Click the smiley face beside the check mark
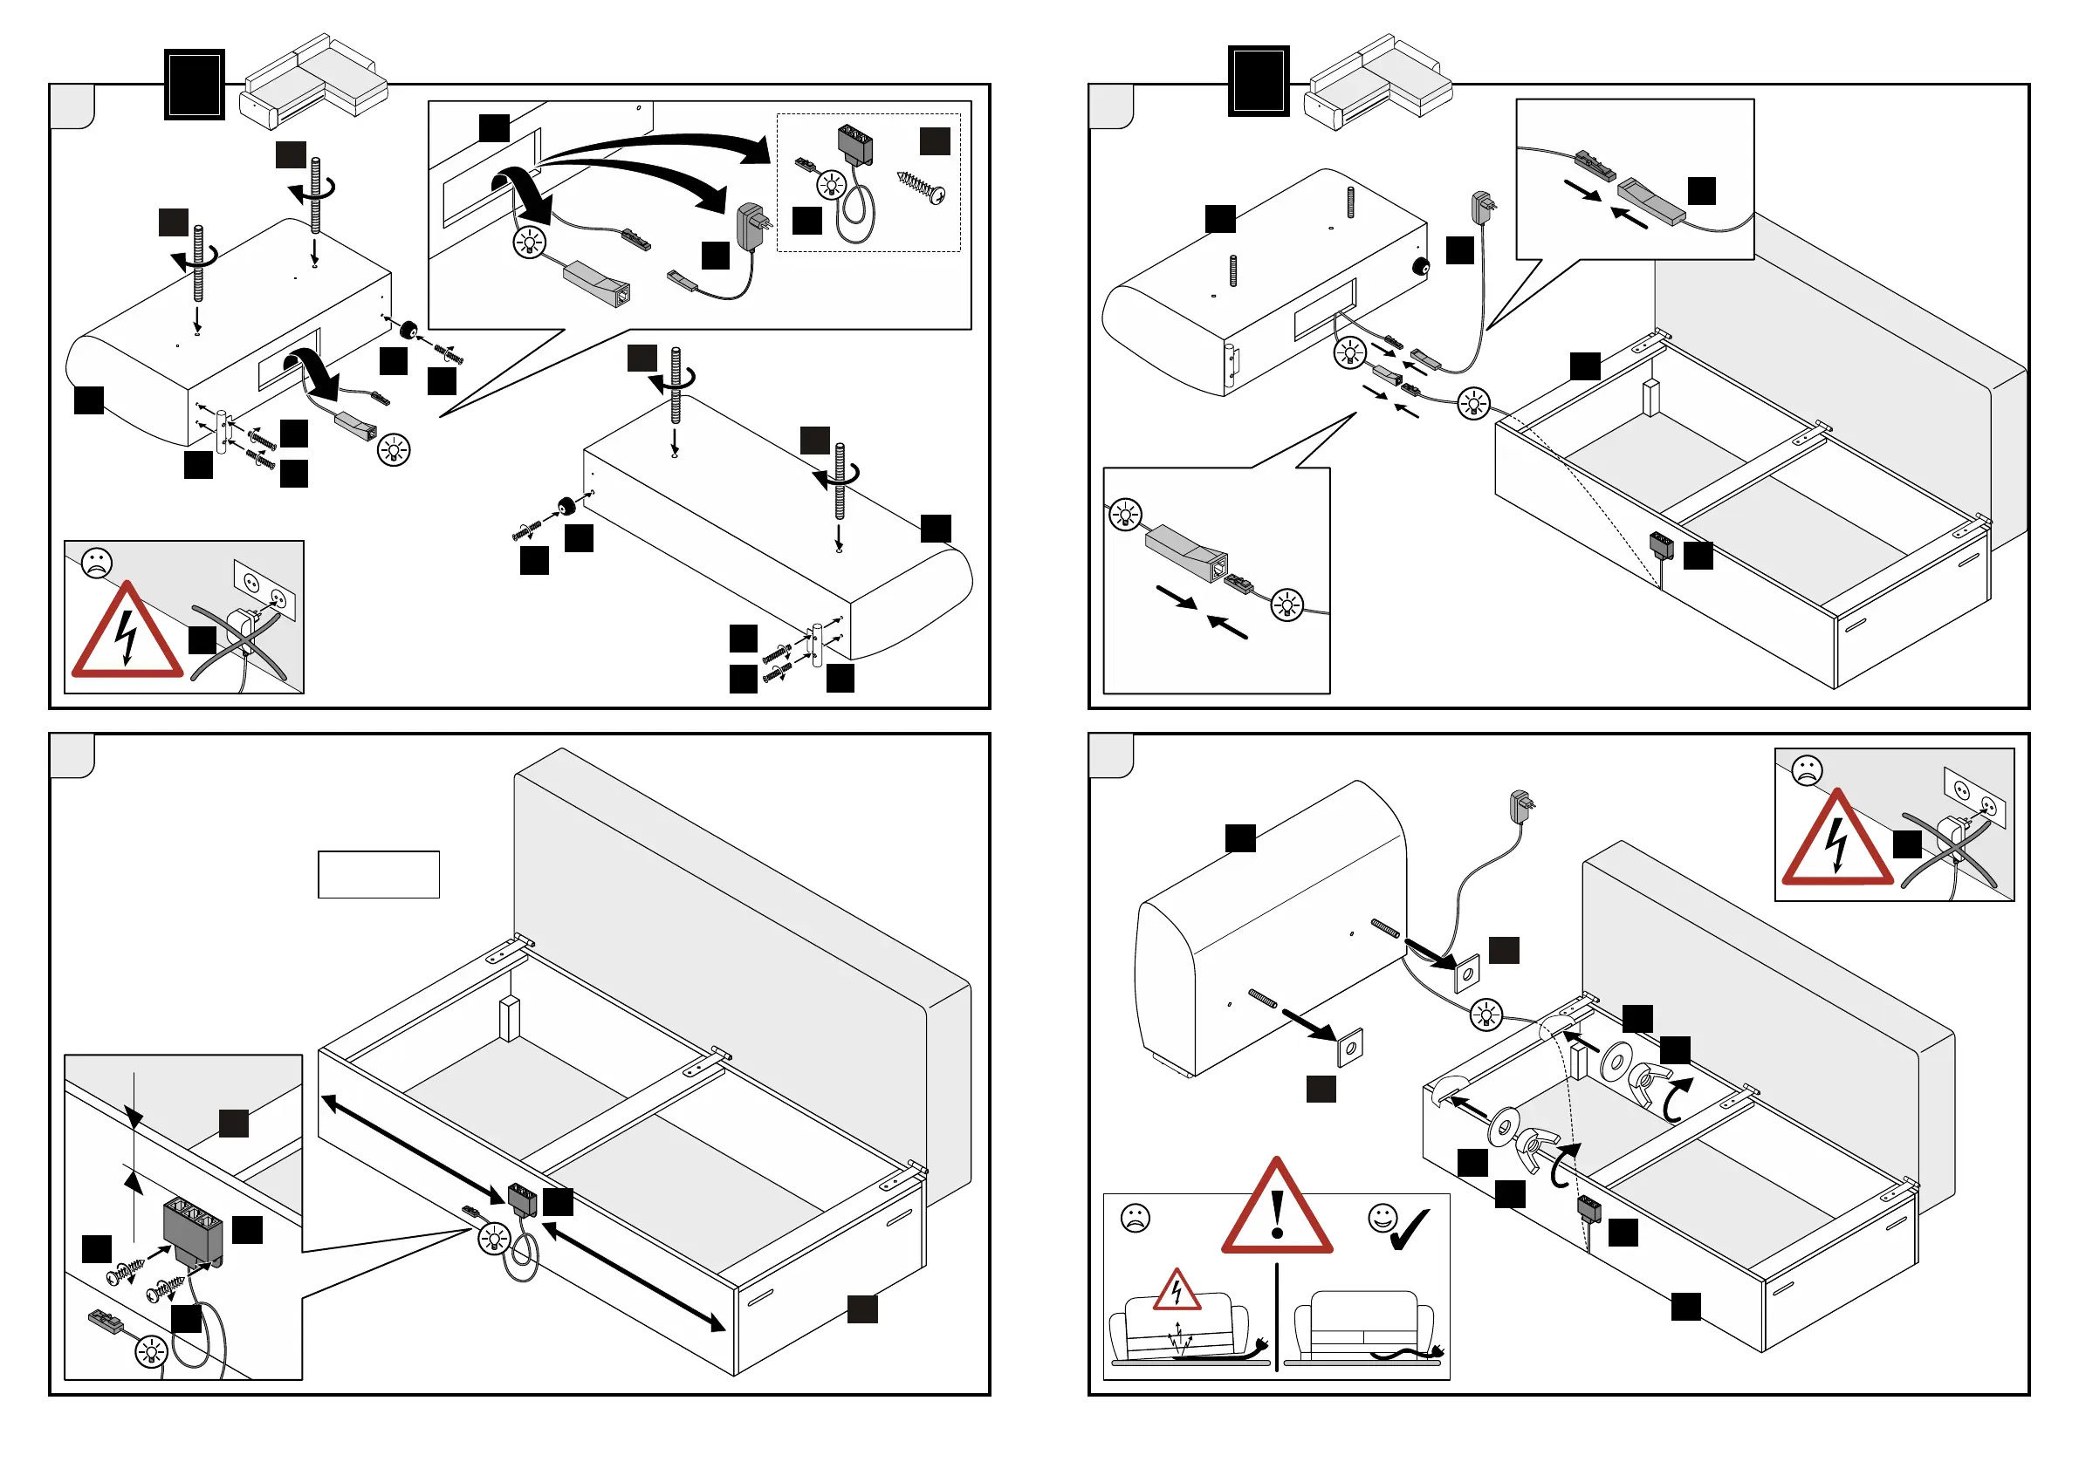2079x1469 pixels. [x=1382, y=1219]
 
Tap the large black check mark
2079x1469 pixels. [x=1410, y=1229]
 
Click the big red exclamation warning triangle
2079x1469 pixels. [x=1277, y=1209]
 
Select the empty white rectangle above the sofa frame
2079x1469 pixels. [x=379, y=874]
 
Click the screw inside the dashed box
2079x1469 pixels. [x=922, y=187]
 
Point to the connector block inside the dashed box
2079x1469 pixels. [x=855, y=143]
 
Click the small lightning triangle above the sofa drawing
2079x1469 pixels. [x=1177, y=1292]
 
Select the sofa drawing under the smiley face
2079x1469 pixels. [x=1362, y=1326]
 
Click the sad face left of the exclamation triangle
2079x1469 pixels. [x=1135, y=1219]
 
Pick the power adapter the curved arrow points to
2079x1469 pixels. [x=753, y=226]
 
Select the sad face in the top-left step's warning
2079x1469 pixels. [x=97, y=563]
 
